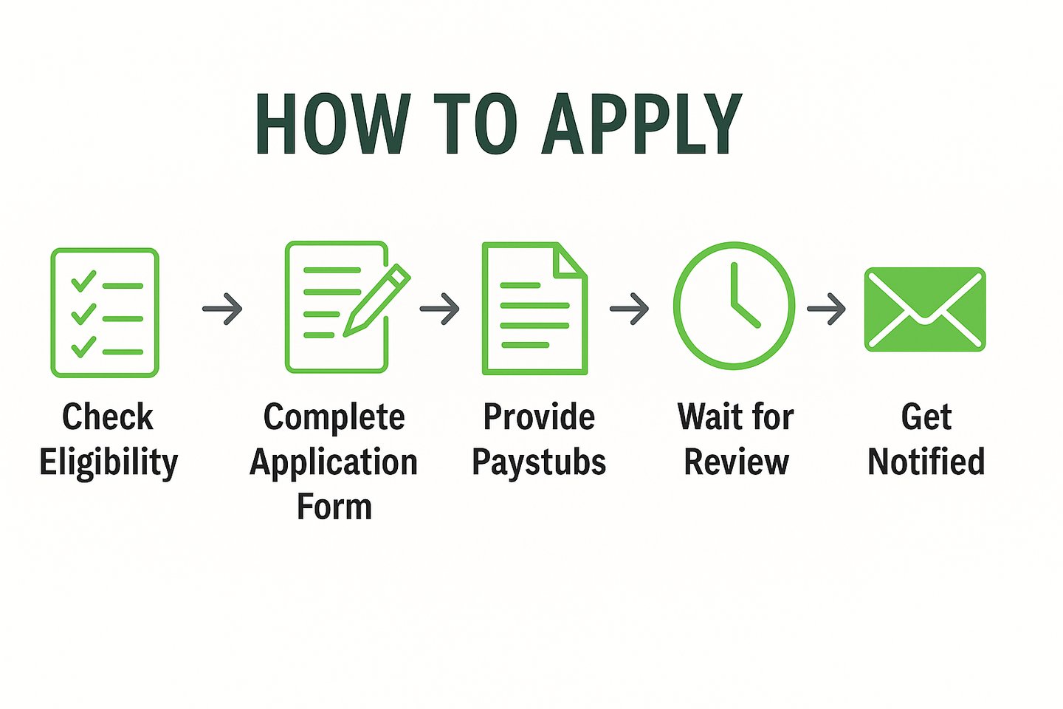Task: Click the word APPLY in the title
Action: click(x=641, y=124)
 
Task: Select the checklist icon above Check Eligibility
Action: click(x=105, y=312)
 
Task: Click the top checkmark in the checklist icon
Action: click(x=83, y=281)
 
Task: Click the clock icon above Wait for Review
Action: click(x=734, y=306)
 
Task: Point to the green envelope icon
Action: click(x=925, y=309)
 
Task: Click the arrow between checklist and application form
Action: click(x=222, y=309)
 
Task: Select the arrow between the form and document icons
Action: click(x=439, y=309)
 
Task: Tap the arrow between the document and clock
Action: click(x=629, y=309)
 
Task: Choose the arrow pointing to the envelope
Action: click(x=826, y=309)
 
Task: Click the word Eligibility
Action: click(x=109, y=463)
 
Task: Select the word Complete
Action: click(x=334, y=417)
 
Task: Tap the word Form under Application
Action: click(x=334, y=507)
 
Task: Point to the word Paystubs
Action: click(x=539, y=463)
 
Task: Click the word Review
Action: click(x=736, y=463)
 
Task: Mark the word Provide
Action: click(x=539, y=417)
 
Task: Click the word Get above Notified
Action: click(x=926, y=417)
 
